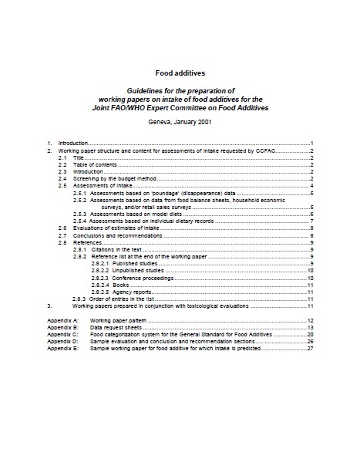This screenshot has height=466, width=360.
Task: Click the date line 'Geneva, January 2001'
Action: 180,123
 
